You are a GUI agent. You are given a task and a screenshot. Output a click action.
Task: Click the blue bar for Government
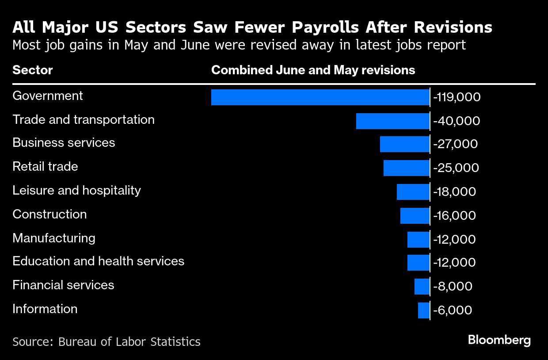(x=320, y=97)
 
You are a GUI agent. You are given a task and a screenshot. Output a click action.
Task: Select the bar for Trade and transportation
(x=392, y=121)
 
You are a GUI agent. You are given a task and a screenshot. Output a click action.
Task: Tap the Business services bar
(x=404, y=144)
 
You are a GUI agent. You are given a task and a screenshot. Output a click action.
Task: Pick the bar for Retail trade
(x=406, y=168)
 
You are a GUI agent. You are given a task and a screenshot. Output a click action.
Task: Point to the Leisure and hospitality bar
(x=413, y=192)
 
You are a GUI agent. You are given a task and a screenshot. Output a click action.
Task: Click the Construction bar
(x=415, y=216)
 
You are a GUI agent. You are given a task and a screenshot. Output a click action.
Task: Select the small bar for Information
(x=423, y=310)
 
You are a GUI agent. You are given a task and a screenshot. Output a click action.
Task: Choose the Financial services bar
(x=422, y=287)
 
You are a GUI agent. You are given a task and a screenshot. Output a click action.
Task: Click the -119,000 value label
(x=457, y=97)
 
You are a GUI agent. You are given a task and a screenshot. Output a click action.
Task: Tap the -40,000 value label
(x=457, y=121)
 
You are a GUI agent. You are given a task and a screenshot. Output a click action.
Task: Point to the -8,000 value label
(x=453, y=287)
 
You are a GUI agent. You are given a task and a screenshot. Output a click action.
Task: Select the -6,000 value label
(x=453, y=310)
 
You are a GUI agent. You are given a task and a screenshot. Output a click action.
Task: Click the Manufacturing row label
(x=54, y=238)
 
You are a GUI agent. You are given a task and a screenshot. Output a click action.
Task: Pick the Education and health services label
(x=98, y=261)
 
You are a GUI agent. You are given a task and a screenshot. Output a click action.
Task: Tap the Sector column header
(x=33, y=70)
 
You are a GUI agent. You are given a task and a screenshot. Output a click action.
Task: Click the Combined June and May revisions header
(x=313, y=70)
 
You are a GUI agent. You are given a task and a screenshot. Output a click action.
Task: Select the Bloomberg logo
(x=499, y=340)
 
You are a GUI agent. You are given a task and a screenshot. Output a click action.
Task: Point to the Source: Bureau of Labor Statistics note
(x=106, y=342)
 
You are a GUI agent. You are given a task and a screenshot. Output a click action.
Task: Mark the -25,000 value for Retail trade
(x=456, y=168)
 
